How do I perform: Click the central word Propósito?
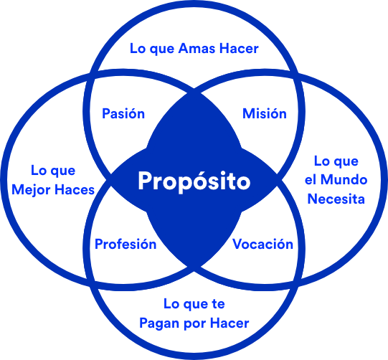click(x=194, y=181)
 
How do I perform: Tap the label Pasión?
click(x=123, y=113)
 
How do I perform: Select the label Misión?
click(x=265, y=113)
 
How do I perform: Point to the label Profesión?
click(x=126, y=244)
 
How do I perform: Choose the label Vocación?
click(x=262, y=244)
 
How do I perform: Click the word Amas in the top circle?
click(x=197, y=48)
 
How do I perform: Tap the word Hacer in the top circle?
click(x=239, y=48)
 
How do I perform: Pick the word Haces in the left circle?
click(x=75, y=190)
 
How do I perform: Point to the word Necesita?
click(x=336, y=199)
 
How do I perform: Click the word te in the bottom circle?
click(x=218, y=304)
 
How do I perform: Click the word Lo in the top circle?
click(x=138, y=48)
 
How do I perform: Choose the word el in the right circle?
click(x=310, y=179)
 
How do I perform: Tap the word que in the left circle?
click(x=64, y=171)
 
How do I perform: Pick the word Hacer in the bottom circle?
click(x=230, y=323)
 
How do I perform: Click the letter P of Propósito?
click(x=146, y=181)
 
